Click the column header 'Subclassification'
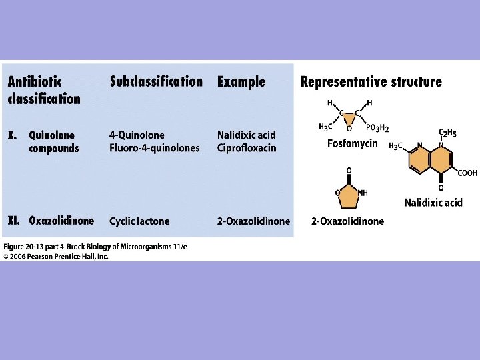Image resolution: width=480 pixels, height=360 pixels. pyautogui.click(x=156, y=82)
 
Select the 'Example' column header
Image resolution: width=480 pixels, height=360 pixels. pyautogui.click(x=241, y=82)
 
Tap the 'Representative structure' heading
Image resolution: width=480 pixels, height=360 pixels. pyautogui.click(x=371, y=82)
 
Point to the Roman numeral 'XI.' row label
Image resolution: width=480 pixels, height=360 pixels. pyautogui.click(x=15, y=221)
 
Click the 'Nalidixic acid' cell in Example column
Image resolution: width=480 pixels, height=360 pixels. pyautogui.click(x=246, y=135)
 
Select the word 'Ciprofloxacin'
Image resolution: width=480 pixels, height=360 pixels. pyautogui.click(x=246, y=148)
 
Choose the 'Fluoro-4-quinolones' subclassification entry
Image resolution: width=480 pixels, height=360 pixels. pyautogui.click(x=155, y=148)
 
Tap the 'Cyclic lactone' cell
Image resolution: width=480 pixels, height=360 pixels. pyautogui.click(x=139, y=221)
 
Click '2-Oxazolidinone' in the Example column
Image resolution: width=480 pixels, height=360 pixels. pyautogui.click(x=254, y=221)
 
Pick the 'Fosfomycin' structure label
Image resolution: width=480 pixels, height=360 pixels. pyautogui.click(x=353, y=143)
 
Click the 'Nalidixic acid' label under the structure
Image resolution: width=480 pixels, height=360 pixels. pyautogui.click(x=433, y=203)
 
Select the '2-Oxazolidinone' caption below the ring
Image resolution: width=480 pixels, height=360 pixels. pyautogui.click(x=347, y=221)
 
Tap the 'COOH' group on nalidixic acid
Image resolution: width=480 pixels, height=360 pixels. pyautogui.click(x=467, y=173)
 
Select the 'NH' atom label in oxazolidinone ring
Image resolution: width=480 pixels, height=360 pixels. pyautogui.click(x=362, y=193)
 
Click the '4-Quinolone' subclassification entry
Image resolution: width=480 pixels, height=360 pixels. pyautogui.click(x=137, y=135)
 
